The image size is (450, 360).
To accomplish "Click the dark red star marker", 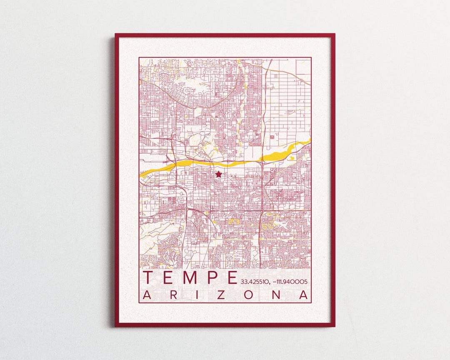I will coord(218,174).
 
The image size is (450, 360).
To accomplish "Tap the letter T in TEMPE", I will coord(149,277).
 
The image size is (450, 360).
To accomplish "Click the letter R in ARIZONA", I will coord(173,295).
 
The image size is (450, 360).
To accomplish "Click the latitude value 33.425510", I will coord(254,282).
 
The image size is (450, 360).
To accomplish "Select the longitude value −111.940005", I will coord(290,282).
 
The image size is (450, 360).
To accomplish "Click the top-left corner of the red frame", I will coord(116,35).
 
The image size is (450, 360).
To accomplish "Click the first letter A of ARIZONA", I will coord(147,295).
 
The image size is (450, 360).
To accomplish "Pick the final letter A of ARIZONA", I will coord(305,295).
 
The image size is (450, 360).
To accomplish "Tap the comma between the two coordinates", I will coord(269,284).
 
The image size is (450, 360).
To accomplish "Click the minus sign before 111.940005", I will coord(273,282).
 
